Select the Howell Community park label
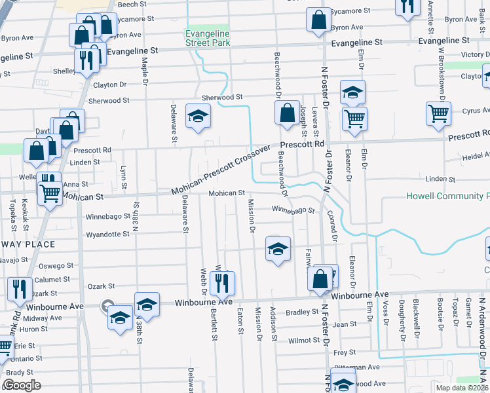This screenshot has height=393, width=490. [x=447, y=196]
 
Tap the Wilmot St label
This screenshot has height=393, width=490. [x=303, y=341]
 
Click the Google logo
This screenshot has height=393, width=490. [x=22, y=385]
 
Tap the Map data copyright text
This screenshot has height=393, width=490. [x=461, y=388]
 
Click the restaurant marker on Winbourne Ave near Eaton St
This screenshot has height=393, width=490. [x=224, y=282]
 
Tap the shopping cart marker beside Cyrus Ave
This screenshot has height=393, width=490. [x=438, y=113]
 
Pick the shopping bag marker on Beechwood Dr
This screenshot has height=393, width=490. [x=287, y=113]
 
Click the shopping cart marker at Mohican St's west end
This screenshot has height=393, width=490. [x=49, y=193]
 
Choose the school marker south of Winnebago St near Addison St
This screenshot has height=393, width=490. [x=278, y=249]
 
